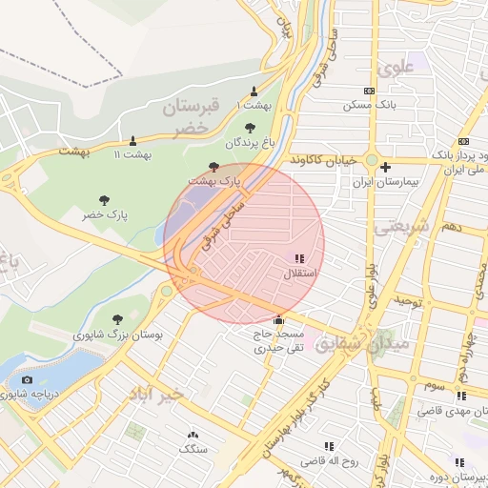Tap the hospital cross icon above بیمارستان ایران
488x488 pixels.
(385, 167)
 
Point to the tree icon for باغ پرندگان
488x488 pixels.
(250, 128)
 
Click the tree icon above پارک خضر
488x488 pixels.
(104, 200)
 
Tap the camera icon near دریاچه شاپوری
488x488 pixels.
(27, 380)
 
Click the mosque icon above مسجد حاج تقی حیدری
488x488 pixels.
(278, 319)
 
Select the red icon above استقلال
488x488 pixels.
(300, 258)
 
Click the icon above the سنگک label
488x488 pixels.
(193, 434)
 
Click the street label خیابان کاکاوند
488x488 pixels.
(323, 158)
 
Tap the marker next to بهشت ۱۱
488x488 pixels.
(132, 140)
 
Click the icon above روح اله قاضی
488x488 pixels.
(329, 445)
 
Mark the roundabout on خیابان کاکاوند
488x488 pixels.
(371, 160)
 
